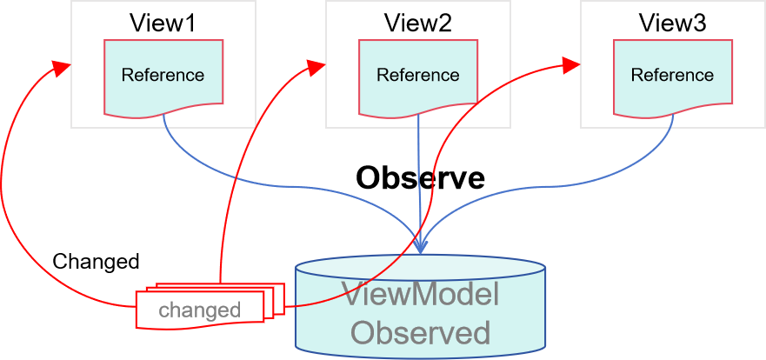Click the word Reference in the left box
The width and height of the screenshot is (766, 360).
point(163,75)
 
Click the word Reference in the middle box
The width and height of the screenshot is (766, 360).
point(417,75)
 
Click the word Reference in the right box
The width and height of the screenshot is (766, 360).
point(672,75)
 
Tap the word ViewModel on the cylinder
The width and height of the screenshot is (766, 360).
point(421,295)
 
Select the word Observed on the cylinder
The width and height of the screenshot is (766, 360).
point(421,332)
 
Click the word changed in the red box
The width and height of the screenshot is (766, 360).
point(199,310)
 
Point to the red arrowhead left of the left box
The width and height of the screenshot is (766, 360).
point(60,67)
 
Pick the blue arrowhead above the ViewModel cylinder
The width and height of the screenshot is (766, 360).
point(421,246)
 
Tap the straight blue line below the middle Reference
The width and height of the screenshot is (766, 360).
point(419,174)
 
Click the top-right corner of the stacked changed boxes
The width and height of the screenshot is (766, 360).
point(283,284)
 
